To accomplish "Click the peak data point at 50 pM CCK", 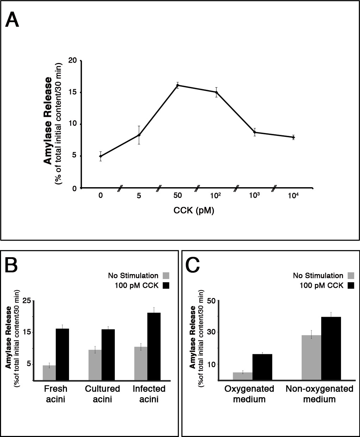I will pos(178,85).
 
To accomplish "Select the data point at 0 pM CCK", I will pos(101,156).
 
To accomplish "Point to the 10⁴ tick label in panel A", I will pos(293,196).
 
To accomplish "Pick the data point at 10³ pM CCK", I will pos(255,132).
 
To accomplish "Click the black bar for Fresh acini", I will pos(62,355).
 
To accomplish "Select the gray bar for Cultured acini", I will pos(95,365).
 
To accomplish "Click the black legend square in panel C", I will pos(350,285).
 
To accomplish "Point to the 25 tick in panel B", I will pos(27,300).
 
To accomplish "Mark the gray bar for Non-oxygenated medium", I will pos(311,357).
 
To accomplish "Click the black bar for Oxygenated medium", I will pos(262,367).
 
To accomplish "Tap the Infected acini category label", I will pos(149,394).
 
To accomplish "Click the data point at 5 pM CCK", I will pos(139,135).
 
